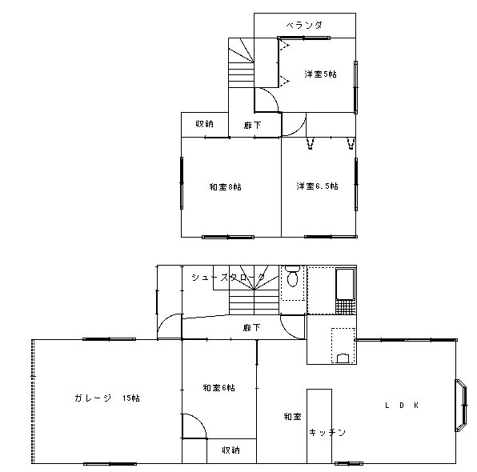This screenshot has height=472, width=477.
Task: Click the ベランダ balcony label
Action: coord(304,26)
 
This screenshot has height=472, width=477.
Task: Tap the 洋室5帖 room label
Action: coord(320,74)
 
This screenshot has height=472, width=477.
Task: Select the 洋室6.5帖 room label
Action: coord(317,186)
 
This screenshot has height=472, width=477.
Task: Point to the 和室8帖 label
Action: coord(225,186)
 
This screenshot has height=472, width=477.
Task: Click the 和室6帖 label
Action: coord(218,388)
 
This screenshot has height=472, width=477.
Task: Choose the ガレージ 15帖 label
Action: coord(107,398)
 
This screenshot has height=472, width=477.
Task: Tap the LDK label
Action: coord(402,405)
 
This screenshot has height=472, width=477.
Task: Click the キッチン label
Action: coord(327,432)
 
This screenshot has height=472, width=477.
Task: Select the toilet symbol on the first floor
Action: coord(293,276)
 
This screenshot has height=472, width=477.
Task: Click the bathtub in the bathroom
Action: coord(345,283)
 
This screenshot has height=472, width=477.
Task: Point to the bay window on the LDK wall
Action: coord(461,405)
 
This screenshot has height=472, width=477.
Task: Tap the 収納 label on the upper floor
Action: coord(204,124)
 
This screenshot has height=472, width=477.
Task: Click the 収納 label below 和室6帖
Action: coord(230,450)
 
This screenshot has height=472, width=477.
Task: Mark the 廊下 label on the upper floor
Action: coord(252,125)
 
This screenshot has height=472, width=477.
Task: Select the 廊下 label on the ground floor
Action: coord(251,327)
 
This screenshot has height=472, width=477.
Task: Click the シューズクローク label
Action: coord(228,277)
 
